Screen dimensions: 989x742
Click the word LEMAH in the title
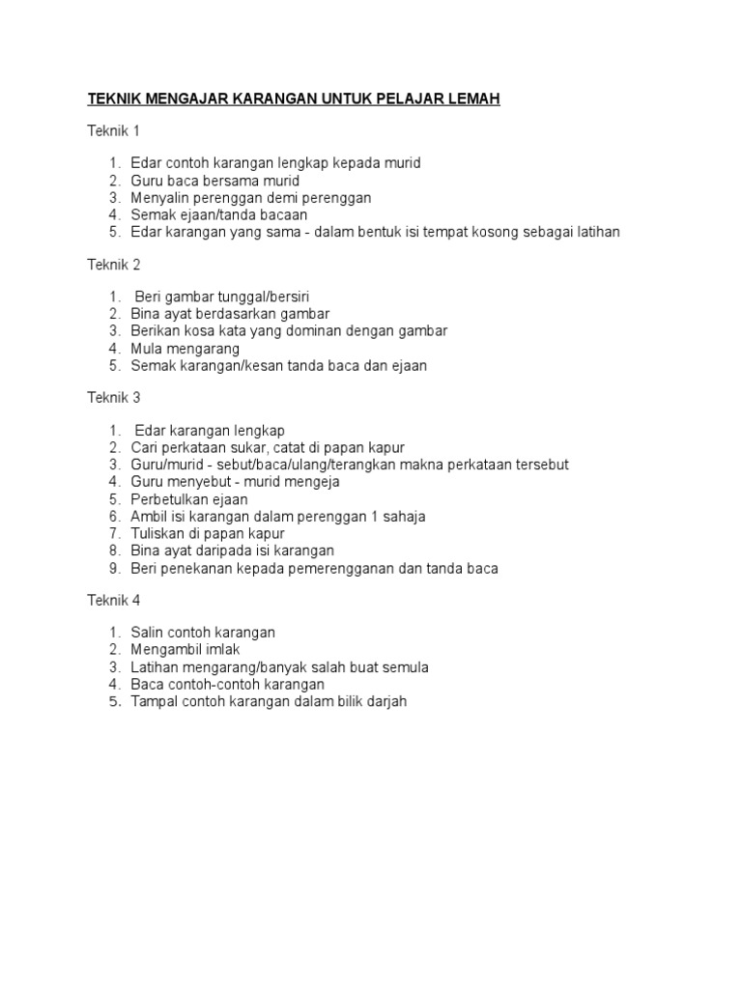point(472,99)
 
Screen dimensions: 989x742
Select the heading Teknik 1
point(115,130)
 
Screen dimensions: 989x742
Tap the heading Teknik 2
point(115,264)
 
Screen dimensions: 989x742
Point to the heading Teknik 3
point(115,397)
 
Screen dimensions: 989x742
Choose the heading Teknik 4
point(115,600)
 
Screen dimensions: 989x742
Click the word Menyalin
point(161,197)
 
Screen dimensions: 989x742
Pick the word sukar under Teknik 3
point(249,447)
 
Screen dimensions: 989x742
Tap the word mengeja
point(310,481)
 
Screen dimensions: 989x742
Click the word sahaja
point(405,516)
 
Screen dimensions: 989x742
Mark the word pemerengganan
point(338,568)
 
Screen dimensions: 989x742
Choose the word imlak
point(219,650)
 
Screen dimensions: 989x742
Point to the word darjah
point(385,701)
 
